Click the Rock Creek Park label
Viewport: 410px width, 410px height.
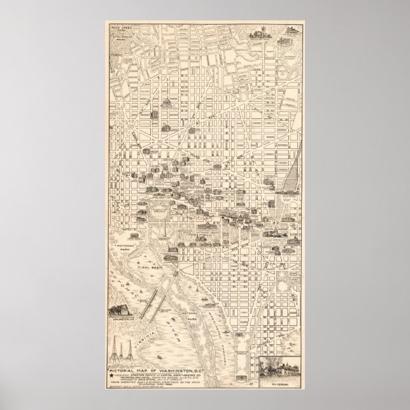pos(119,30)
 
